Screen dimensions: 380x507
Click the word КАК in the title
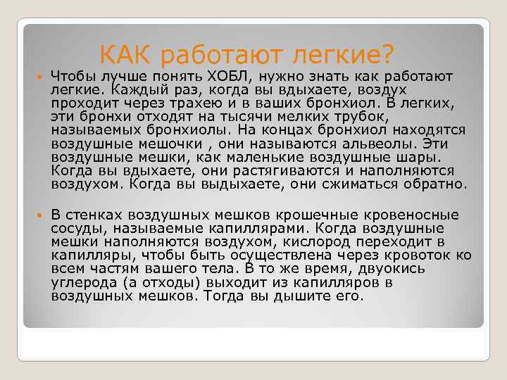126,53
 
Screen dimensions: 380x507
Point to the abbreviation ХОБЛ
223,75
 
